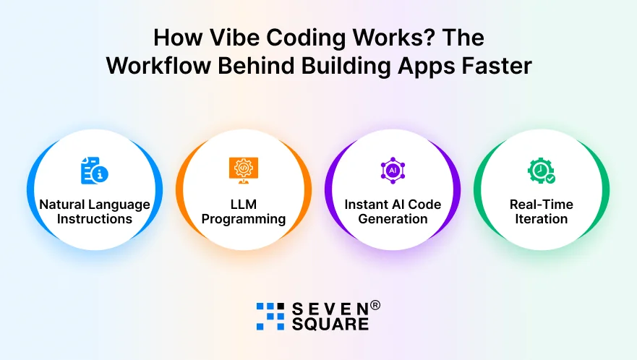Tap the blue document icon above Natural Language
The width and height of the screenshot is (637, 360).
point(94,171)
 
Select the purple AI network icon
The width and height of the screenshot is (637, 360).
point(393,170)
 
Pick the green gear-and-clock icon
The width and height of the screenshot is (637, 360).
point(541,171)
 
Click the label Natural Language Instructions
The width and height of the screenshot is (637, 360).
point(95,212)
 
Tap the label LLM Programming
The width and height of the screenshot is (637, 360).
point(244,212)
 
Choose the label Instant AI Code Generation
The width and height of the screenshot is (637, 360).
point(393,212)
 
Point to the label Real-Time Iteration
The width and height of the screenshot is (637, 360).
point(542,212)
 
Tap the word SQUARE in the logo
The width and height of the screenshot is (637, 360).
point(330,325)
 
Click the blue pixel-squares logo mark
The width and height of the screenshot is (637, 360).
point(270,317)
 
